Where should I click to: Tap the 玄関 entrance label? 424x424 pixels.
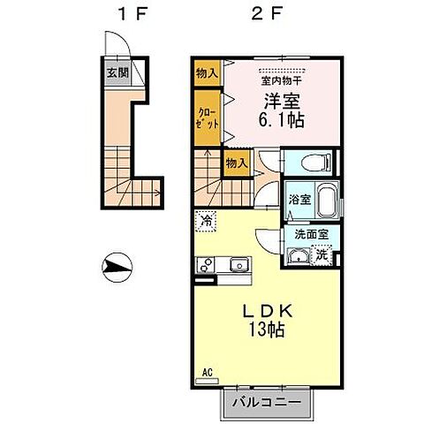coord(117,73)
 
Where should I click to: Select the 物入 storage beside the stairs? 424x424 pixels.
coord(235,163)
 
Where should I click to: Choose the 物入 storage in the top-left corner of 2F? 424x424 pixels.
coord(207,73)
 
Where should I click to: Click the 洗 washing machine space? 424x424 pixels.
coord(324,254)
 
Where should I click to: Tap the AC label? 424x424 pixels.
coord(208,373)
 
